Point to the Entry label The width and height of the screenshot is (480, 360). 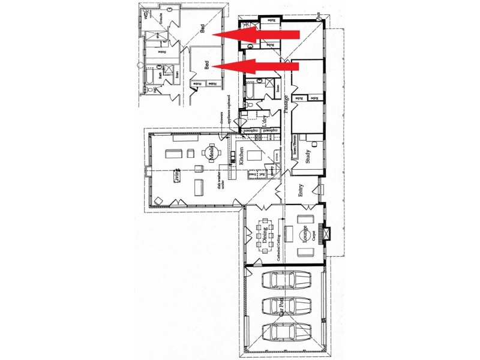[301, 191]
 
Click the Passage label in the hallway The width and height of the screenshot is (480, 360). [287, 103]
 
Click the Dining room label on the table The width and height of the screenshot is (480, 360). [265, 232]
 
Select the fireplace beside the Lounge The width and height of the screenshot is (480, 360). [322, 232]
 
